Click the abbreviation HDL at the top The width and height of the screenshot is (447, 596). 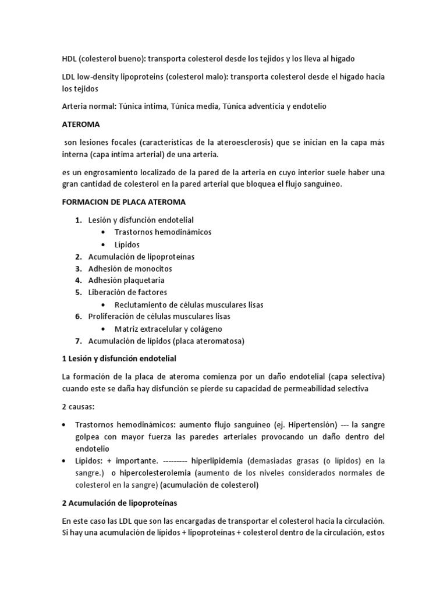(x=70, y=59)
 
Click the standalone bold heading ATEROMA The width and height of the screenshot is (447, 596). (x=81, y=125)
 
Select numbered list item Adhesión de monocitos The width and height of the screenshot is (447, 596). (x=130, y=269)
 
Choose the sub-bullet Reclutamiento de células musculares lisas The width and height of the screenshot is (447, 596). (x=189, y=305)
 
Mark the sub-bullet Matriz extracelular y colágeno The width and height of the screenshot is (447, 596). (x=168, y=329)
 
